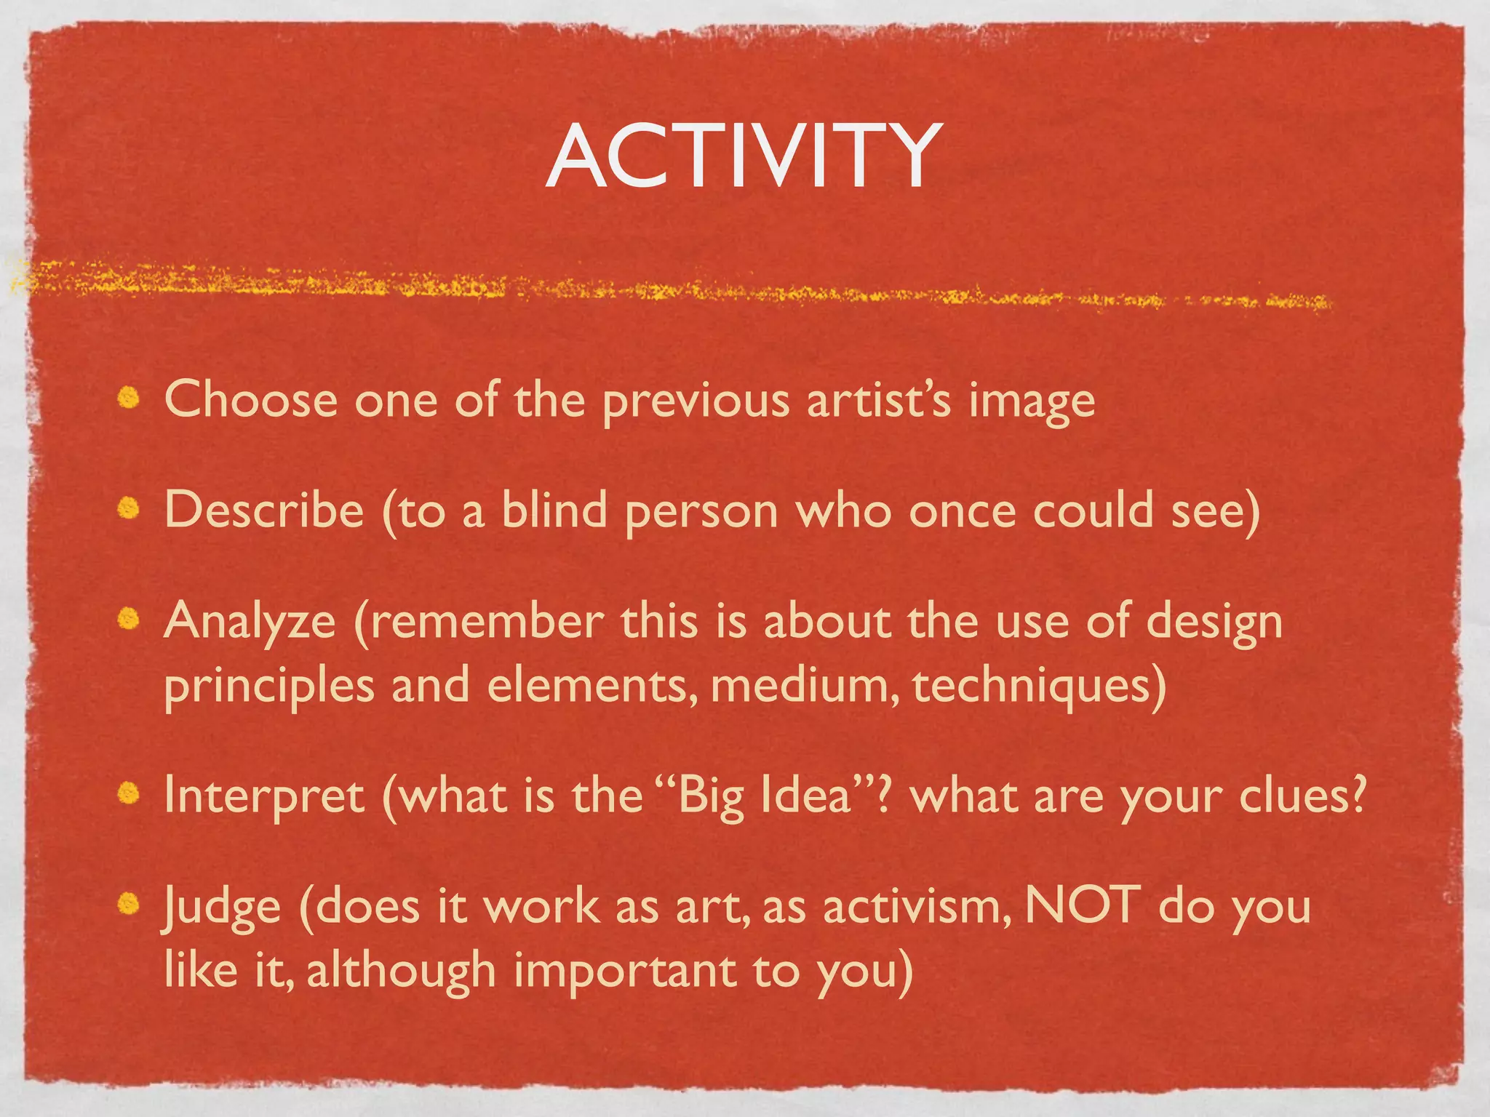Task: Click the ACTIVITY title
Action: click(x=744, y=156)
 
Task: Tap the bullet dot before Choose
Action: click(x=129, y=398)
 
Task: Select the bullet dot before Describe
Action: click(x=129, y=508)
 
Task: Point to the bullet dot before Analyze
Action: click(x=129, y=619)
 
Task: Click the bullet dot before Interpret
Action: click(x=129, y=793)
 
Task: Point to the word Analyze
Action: click(x=250, y=622)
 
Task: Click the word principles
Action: click(x=269, y=687)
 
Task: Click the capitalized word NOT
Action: click(x=1082, y=905)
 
